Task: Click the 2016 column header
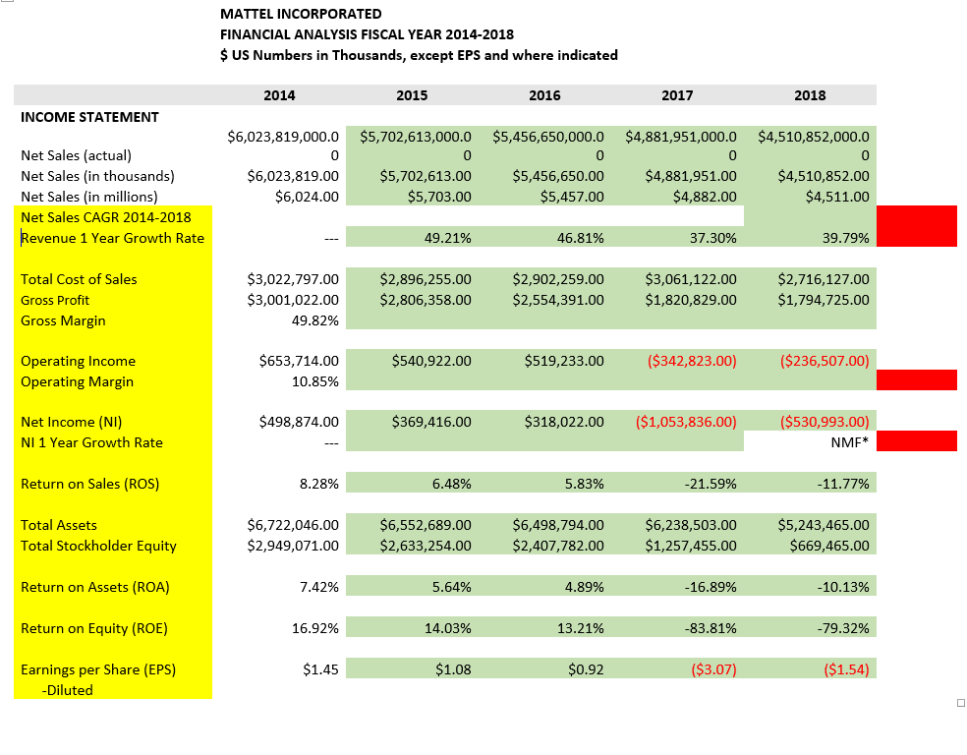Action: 544,95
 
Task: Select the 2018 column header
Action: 810,95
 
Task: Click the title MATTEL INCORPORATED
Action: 301,14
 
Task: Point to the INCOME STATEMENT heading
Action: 89,117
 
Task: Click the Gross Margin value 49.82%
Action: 316,320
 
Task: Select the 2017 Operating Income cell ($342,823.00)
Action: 692,361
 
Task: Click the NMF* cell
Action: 849,442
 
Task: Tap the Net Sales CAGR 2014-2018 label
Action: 105,216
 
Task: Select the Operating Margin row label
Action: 77,381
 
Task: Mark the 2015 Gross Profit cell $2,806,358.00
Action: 425,300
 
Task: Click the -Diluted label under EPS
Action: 67,690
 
